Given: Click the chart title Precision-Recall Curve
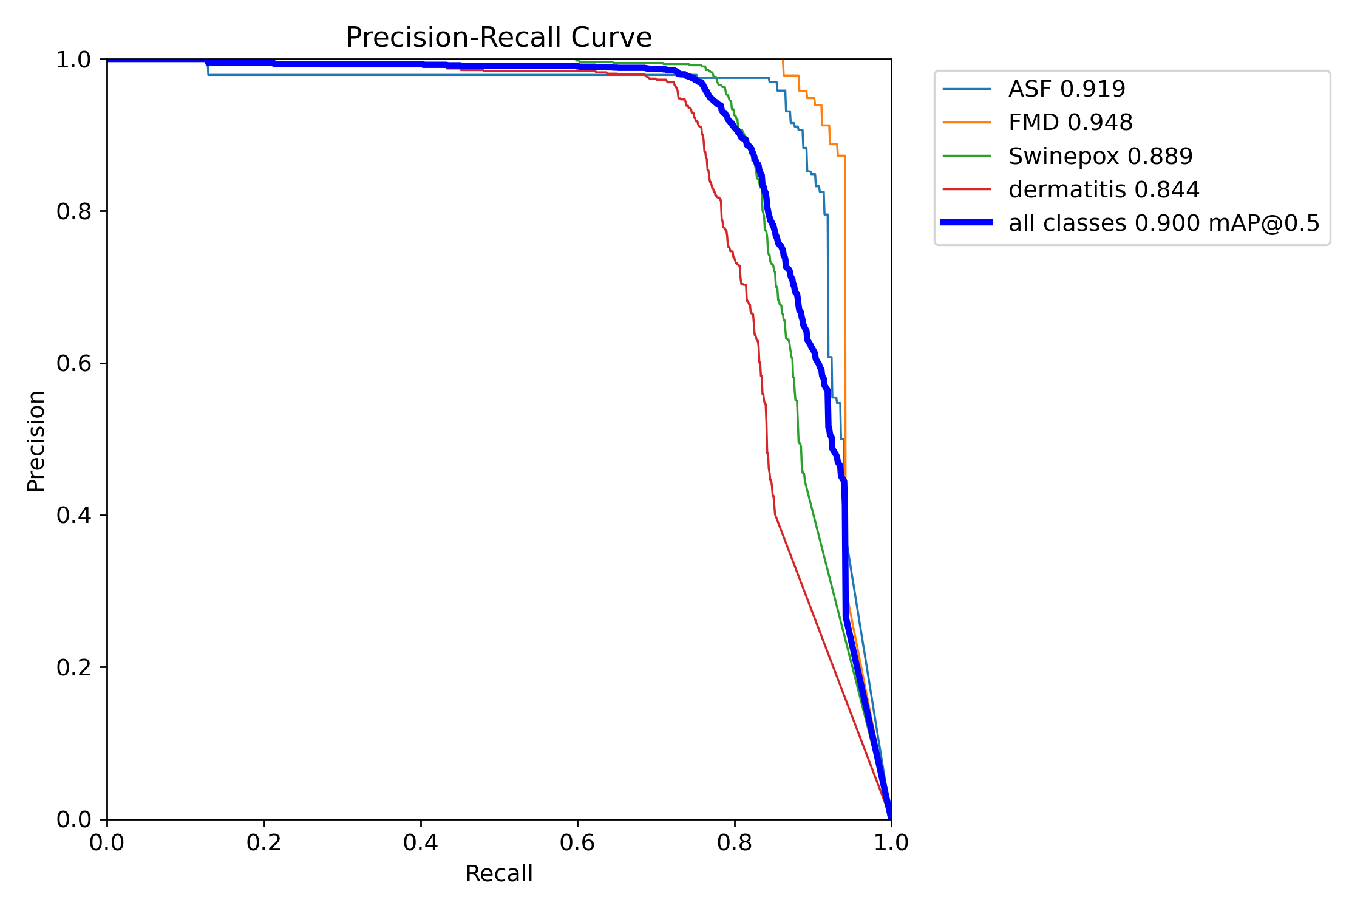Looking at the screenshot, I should (498, 38).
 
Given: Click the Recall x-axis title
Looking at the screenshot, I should (498, 873).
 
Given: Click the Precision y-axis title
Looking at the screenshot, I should (36, 440).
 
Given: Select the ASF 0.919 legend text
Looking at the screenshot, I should (1067, 89).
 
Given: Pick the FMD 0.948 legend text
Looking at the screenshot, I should (1070, 123).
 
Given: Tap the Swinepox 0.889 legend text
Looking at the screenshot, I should (1100, 157).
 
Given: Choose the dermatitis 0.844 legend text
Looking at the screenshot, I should (1104, 190).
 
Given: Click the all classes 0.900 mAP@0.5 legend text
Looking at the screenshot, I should (1164, 223).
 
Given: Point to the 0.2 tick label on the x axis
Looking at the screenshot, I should (264, 842).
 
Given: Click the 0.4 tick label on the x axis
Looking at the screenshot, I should (421, 842).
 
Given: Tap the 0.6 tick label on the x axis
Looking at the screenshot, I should (577, 842).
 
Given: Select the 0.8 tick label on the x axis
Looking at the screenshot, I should (735, 842).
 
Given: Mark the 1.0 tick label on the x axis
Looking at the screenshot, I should (891, 842).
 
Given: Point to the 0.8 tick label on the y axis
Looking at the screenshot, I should (73, 211).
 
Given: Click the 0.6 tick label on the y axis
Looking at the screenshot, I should (73, 363).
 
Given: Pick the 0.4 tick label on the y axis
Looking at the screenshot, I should (73, 515).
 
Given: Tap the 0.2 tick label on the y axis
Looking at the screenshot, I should (73, 667).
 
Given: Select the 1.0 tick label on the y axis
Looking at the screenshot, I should (73, 60).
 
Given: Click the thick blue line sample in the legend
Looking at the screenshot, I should (967, 223).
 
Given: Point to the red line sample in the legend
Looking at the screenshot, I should (967, 189).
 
